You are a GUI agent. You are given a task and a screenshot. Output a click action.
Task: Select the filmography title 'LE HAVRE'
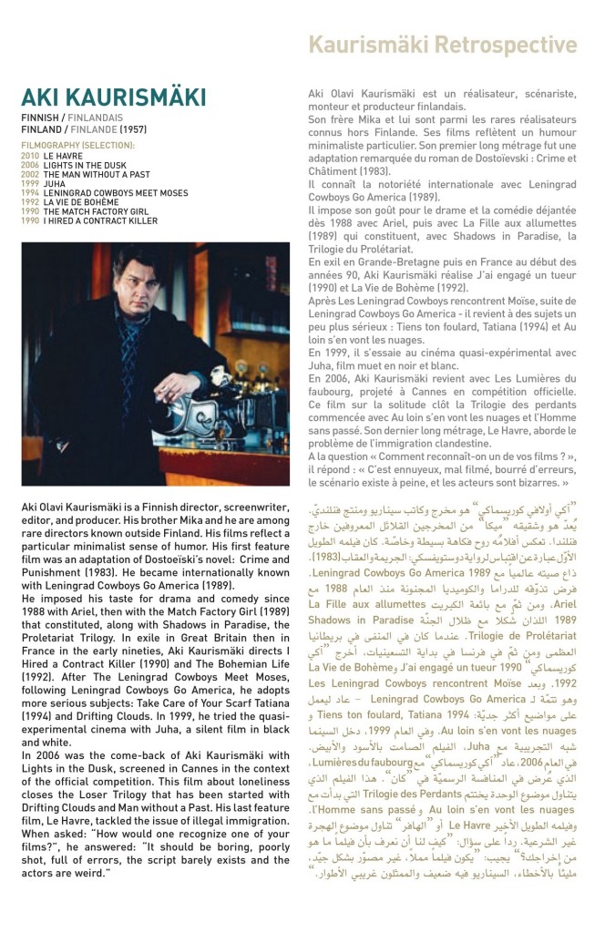point(63,157)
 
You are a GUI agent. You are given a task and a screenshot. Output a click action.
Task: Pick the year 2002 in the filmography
point(29,174)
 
